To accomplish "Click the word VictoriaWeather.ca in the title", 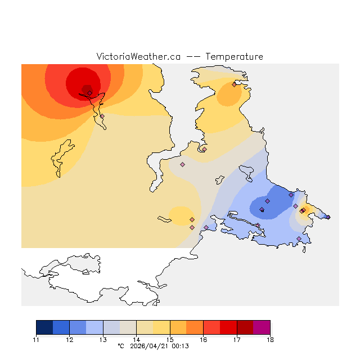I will click(138, 57).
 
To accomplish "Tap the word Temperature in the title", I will click(234, 57).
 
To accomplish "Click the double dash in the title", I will click(193, 57).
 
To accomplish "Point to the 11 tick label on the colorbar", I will click(36, 340).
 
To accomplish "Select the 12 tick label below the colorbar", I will click(69, 340).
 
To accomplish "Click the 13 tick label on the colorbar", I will click(103, 340).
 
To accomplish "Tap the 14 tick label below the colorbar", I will click(136, 340).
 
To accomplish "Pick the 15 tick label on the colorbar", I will click(170, 340).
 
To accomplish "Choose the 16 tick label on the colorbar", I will click(203, 340).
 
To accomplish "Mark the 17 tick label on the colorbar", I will click(237, 340).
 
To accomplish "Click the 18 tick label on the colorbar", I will click(270, 340).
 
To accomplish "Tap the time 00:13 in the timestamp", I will click(181, 346).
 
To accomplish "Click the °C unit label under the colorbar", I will click(120, 346).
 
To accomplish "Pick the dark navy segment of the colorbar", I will click(44, 327).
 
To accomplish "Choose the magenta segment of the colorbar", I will click(262, 327).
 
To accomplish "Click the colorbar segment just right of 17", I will click(245, 327).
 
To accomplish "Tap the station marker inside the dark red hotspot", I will click(89, 93).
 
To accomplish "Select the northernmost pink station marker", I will click(234, 84).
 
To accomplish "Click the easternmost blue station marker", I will click(328, 217).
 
